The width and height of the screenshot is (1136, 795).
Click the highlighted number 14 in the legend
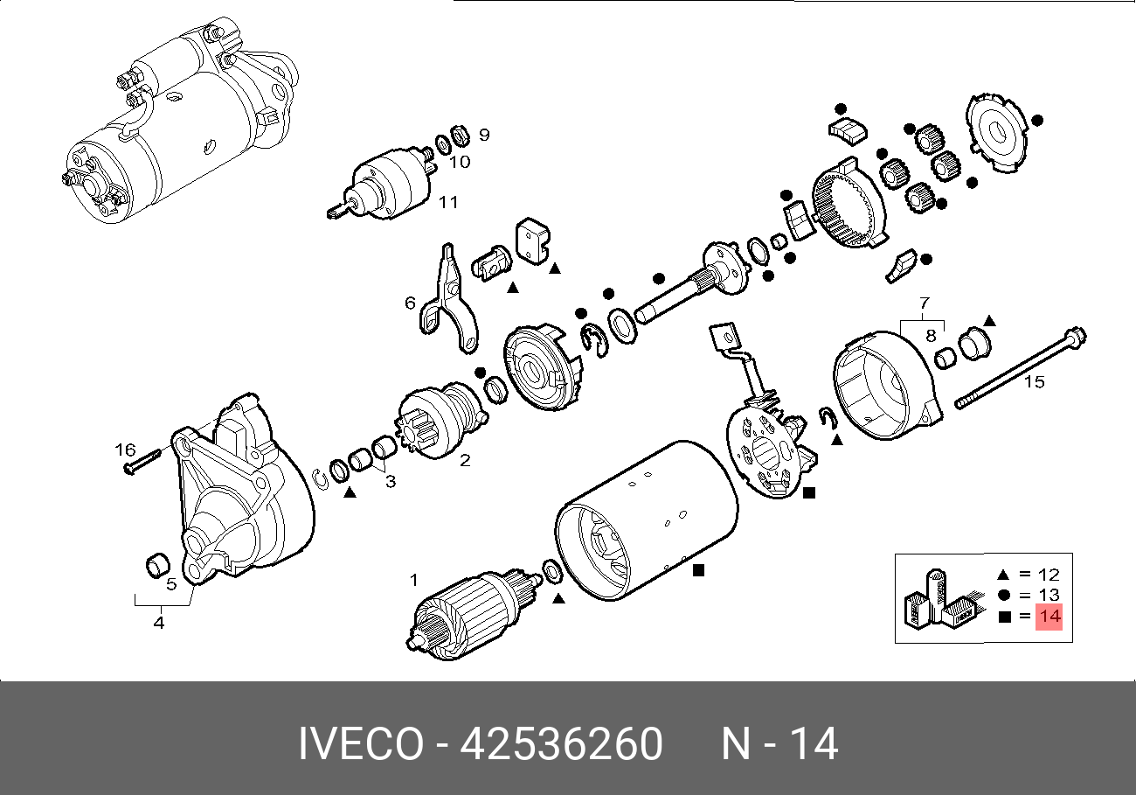[x=1049, y=617]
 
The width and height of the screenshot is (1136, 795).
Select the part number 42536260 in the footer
[x=561, y=744]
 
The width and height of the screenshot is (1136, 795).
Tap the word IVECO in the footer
[x=360, y=744]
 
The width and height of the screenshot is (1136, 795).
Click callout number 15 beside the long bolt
[x=1034, y=382]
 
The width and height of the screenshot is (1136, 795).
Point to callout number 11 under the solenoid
[x=447, y=203]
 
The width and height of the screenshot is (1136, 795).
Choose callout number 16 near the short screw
[x=126, y=450]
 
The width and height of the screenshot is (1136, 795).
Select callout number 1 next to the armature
[x=415, y=579]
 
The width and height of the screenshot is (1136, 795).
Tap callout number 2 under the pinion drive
[x=465, y=460]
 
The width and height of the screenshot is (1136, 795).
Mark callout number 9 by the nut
[x=483, y=135]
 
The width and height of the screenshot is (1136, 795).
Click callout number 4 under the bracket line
[x=159, y=624]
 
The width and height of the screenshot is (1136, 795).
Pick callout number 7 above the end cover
[x=924, y=304]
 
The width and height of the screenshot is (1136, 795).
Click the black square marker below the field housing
[x=698, y=570]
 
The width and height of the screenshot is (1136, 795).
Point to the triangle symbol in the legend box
[x=1002, y=575]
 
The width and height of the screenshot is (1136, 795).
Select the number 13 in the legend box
[x=1049, y=596]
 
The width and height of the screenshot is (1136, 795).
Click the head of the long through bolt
[x=1076, y=335]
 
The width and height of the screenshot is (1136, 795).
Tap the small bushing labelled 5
[x=155, y=566]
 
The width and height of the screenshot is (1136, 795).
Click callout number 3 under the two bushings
[x=390, y=481]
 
